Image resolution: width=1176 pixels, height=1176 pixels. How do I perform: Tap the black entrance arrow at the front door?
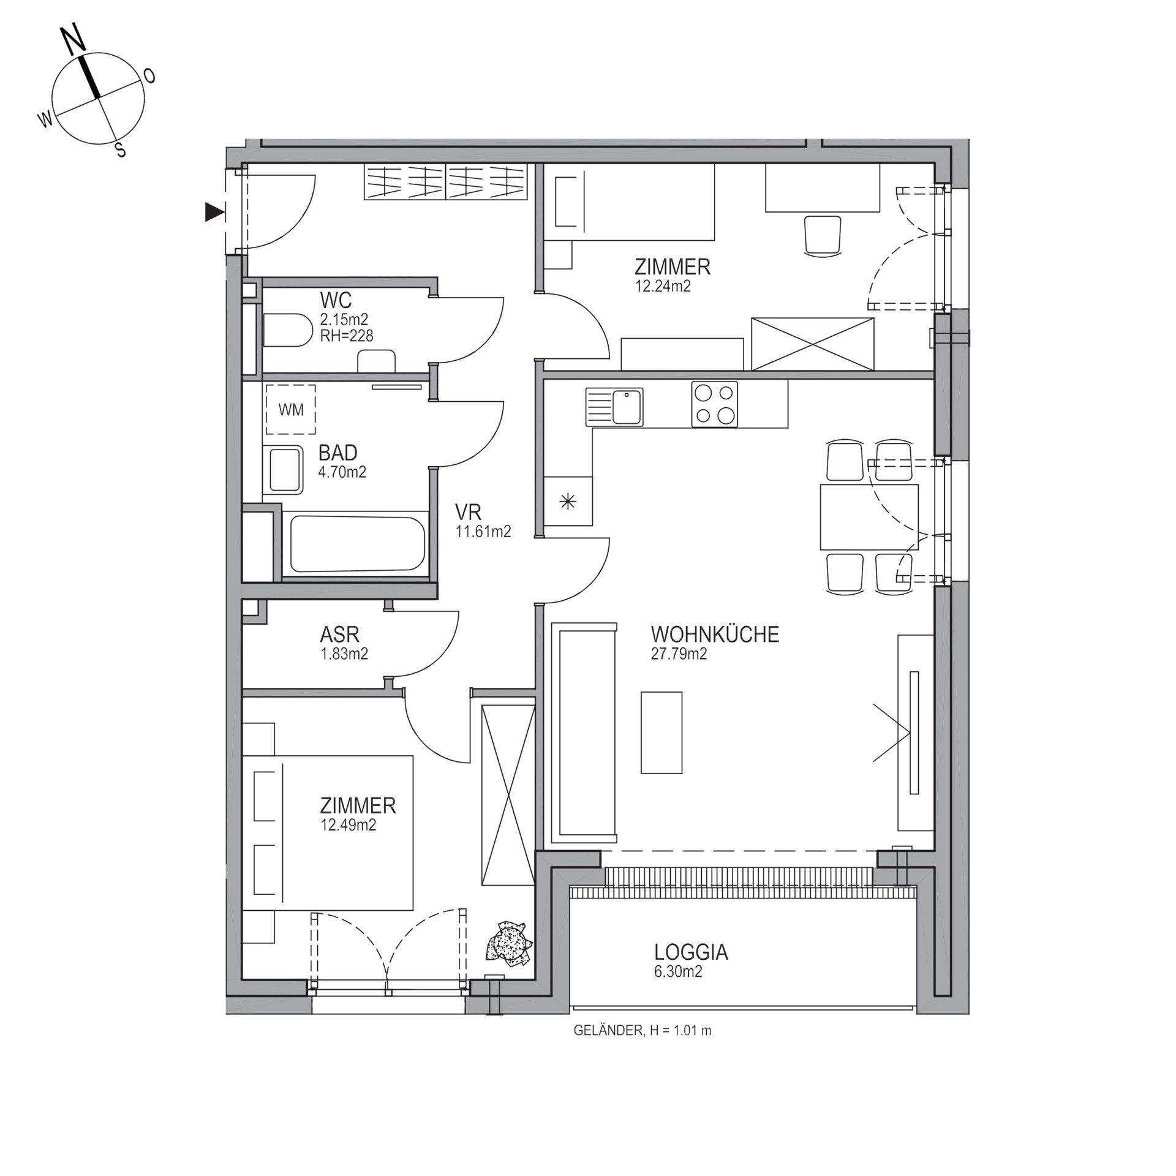click(x=214, y=212)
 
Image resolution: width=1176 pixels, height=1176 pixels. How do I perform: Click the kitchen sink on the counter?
click(x=614, y=407)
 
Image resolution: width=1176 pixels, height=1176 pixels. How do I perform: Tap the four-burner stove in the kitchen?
click(x=715, y=404)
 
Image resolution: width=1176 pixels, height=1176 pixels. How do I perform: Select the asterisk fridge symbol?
click(x=568, y=502)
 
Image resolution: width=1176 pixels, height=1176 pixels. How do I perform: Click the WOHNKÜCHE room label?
click(x=715, y=634)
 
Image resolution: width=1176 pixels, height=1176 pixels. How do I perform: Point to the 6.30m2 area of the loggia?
click(x=677, y=971)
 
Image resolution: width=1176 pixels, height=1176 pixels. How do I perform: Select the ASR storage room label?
click(x=339, y=634)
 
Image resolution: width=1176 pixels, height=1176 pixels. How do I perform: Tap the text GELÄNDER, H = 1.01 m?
click(x=643, y=1031)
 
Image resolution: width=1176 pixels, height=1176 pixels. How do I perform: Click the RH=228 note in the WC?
click(x=347, y=336)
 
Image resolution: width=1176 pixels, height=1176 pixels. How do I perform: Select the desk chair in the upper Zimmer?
click(x=821, y=234)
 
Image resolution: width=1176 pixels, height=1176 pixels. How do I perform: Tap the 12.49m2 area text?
click(x=348, y=825)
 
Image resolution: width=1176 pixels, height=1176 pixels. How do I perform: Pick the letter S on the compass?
click(x=121, y=149)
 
